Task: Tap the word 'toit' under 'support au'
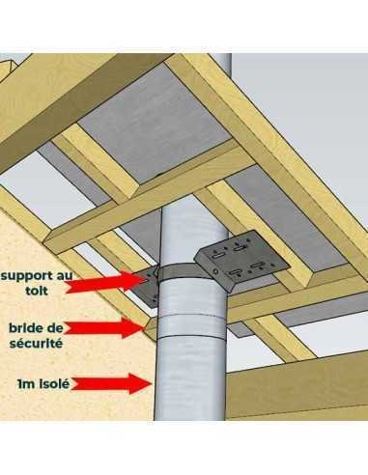tap(37, 291)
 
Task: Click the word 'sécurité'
tap(36, 343)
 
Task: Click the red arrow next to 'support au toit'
tap(106, 282)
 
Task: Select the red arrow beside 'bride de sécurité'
tap(103, 327)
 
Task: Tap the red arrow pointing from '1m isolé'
tap(111, 383)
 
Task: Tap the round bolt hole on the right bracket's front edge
tap(214, 272)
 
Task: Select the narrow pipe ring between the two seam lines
tap(190, 325)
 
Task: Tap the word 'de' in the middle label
tap(55, 328)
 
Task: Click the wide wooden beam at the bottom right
tap(297, 385)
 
